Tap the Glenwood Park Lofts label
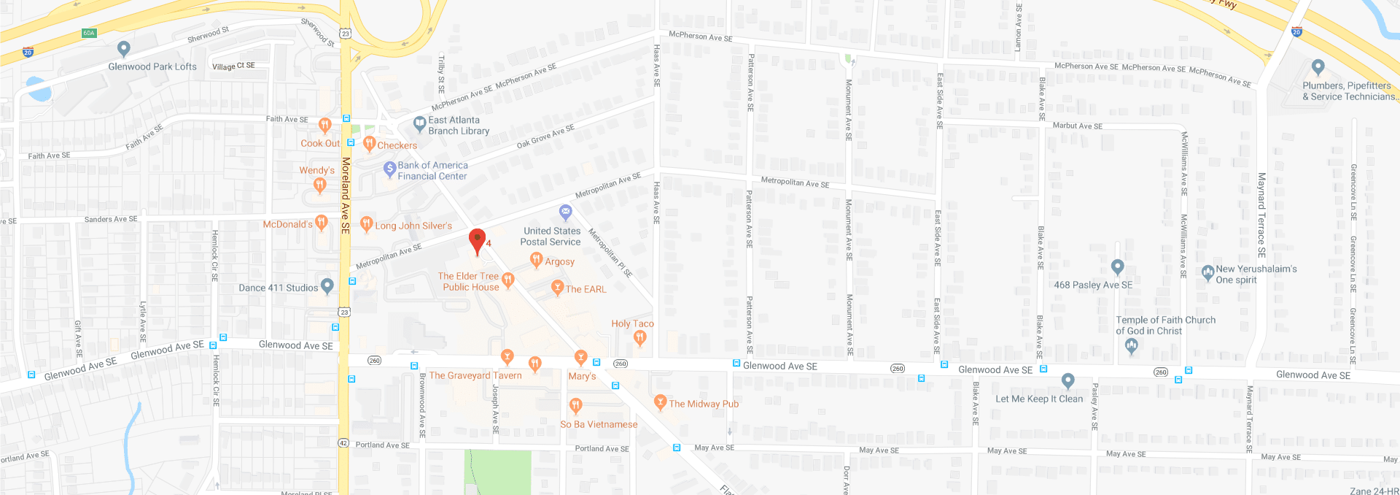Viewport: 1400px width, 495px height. click(x=152, y=66)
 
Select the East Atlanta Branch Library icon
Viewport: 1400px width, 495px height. click(x=419, y=124)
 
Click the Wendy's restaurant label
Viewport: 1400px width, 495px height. click(x=316, y=170)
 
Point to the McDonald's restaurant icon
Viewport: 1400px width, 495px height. click(x=322, y=223)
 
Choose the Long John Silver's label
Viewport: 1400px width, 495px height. click(x=413, y=226)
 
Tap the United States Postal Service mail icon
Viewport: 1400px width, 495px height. click(x=565, y=212)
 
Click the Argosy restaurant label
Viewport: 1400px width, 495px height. click(x=559, y=261)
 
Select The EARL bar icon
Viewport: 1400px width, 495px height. click(x=557, y=288)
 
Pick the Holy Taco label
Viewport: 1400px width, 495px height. click(x=632, y=323)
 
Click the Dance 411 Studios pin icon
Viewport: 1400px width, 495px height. click(x=327, y=286)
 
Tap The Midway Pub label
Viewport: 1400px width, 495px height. click(x=704, y=404)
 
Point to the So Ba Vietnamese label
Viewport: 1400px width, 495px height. click(x=599, y=424)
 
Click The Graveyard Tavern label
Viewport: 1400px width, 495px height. click(x=475, y=375)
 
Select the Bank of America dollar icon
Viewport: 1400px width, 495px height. click(x=389, y=169)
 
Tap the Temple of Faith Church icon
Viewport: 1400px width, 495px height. click(x=1131, y=347)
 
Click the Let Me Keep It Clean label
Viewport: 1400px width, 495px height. click(x=1039, y=399)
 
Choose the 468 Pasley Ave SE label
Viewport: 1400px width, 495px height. click(x=1093, y=285)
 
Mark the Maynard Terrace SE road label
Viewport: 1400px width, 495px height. click(x=1261, y=215)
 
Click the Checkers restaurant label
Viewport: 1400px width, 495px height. click(x=397, y=145)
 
